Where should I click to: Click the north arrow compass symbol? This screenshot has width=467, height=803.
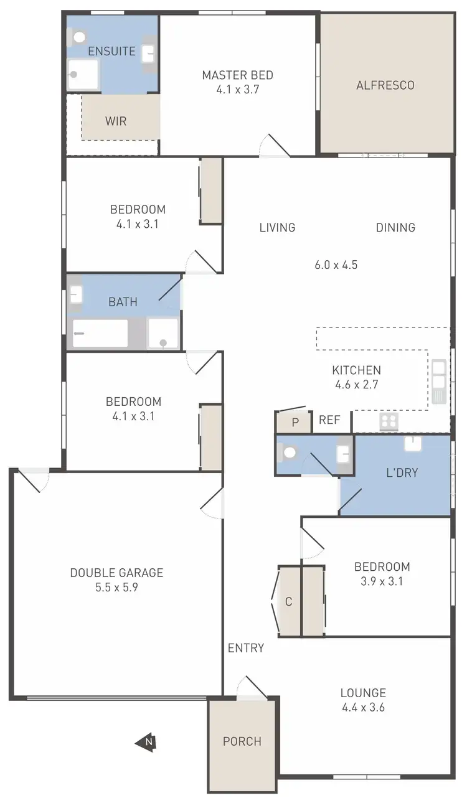(146, 741)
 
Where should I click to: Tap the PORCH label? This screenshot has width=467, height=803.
(242, 741)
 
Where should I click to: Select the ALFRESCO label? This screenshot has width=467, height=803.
(385, 85)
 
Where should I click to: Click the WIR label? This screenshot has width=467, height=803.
(116, 121)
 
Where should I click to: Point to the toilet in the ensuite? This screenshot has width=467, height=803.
(79, 37)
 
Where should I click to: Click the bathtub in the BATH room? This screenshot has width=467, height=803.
(100, 334)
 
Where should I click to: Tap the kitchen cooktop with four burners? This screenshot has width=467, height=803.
(389, 421)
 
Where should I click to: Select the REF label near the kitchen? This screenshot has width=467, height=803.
(329, 420)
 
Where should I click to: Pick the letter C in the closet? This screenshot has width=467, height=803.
(289, 601)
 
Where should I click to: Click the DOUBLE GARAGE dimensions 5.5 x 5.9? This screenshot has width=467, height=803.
(116, 586)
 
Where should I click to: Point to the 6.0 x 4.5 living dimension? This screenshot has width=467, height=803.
(336, 265)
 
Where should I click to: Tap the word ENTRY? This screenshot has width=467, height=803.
(245, 648)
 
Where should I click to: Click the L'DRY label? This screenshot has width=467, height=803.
(402, 472)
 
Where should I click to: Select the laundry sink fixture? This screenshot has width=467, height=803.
(413, 443)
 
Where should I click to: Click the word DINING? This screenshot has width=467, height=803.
(395, 227)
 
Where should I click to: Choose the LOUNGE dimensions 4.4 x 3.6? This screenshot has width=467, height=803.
(363, 707)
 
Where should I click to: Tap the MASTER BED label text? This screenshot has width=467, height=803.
(237, 75)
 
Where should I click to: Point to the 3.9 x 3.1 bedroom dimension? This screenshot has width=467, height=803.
(382, 581)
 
